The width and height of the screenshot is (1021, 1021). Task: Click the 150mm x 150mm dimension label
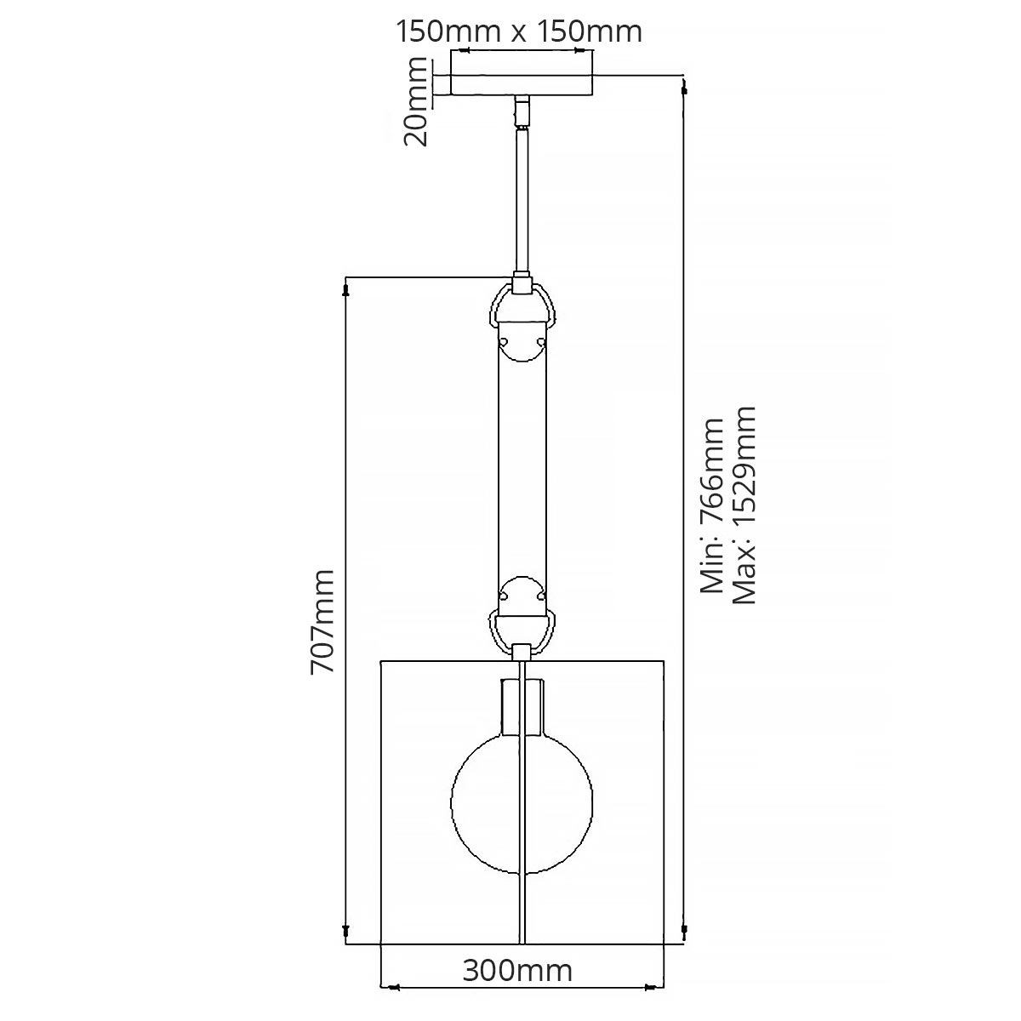(519, 31)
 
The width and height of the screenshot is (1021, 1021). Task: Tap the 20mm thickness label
(417, 102)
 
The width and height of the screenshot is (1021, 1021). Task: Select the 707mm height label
(323, 622)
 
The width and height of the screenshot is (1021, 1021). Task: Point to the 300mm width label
(517, 994)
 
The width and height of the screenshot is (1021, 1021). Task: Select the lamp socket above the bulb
(522, 706)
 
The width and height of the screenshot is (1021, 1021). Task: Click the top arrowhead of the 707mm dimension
(345, 291)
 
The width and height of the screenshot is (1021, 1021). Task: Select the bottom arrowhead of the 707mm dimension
(345, 931)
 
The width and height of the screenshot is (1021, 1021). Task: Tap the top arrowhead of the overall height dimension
(685, 85)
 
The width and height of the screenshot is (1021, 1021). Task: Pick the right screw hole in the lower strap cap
(539, 596)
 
